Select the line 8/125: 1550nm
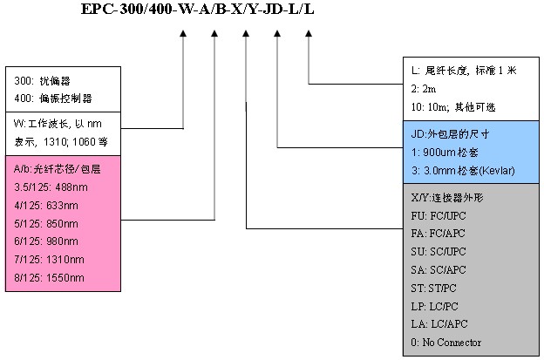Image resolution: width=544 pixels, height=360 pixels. [x=50, y=277]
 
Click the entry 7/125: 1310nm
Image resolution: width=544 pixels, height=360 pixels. [x=50, y=259]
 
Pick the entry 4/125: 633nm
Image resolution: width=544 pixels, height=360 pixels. [x=50, y=205]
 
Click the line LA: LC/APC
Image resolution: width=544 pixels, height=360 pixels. [x=440, y=324]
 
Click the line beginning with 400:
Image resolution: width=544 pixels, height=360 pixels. [x=54, y=98]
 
